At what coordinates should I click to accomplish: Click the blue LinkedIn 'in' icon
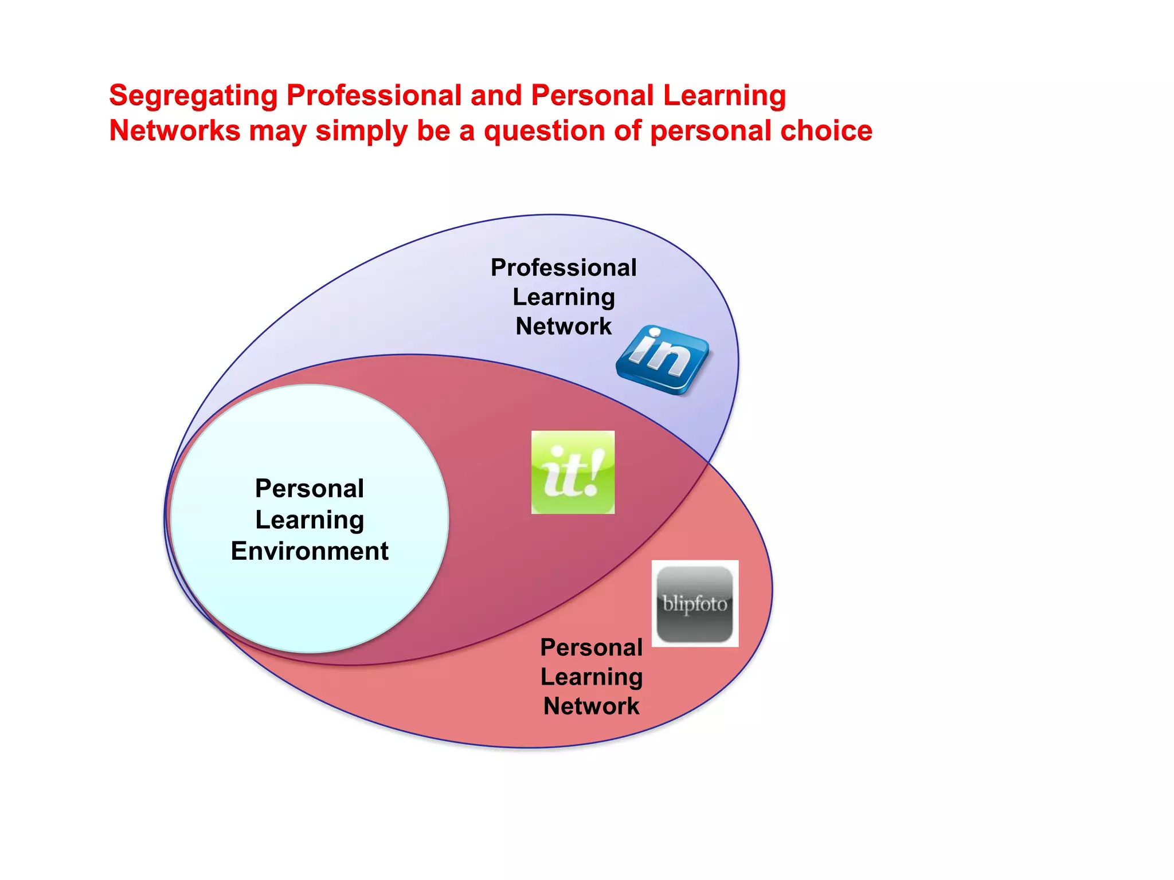pos(663,359)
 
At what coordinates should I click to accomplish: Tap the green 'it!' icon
pos(573,472)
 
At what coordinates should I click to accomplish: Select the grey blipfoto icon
pos(695,604)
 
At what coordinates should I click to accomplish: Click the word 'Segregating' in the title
pos(193,96)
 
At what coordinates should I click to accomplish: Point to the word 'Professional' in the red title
pos(374,96)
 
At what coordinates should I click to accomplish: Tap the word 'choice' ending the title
pos(826,131)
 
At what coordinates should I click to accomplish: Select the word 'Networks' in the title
pos(174,131)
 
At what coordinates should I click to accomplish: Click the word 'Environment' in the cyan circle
pos(310,551)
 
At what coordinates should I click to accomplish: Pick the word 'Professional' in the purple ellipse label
pos(563,268)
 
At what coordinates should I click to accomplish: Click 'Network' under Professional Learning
pos(563,327)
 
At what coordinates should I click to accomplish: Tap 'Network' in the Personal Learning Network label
pos(591,706)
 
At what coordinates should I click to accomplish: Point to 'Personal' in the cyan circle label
pos(310,489)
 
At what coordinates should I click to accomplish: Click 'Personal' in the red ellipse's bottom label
pos(591,647)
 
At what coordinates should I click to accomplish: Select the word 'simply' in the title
pos(361,131)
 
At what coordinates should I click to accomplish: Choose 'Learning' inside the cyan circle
pos(310,520)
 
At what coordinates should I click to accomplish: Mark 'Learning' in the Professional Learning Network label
pos(563,297)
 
